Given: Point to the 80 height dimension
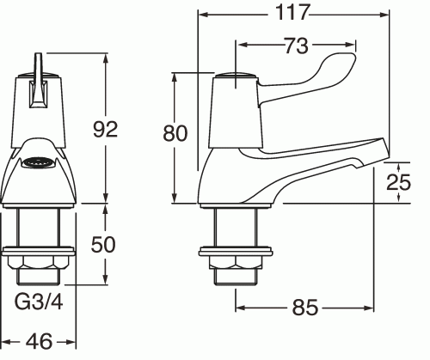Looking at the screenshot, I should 175,133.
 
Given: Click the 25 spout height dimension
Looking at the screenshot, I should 398,181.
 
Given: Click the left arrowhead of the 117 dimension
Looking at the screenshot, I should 202,14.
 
